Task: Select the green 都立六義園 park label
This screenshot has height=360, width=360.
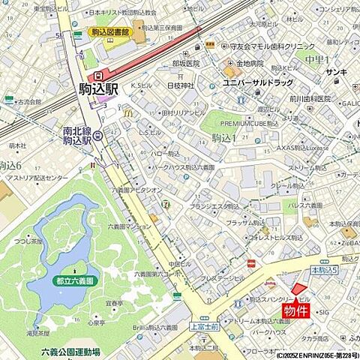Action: tap(74, 280)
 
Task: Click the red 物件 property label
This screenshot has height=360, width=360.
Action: tap(297, 310)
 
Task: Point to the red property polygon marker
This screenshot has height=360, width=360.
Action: tap(299, 289)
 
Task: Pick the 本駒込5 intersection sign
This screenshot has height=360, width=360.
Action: tap(323, 268)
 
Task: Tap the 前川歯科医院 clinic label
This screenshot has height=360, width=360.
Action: tap(310, 98)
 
